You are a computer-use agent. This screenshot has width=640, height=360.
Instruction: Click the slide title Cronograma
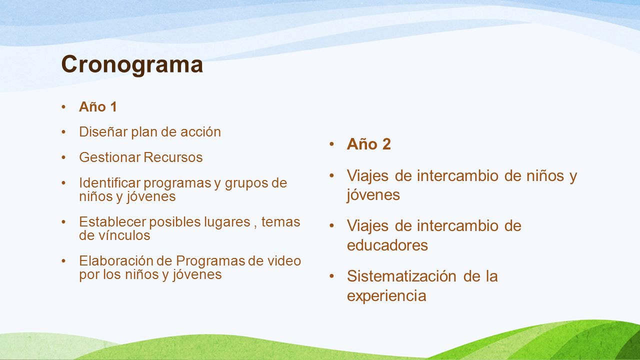coord(132,65)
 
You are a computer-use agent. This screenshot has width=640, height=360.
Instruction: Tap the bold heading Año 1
coord(97,107)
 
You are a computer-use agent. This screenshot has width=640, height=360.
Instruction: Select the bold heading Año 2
coord(368,143)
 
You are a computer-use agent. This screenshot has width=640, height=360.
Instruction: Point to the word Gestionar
coord(109,157)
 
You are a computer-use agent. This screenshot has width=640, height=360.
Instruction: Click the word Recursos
coord(173,157)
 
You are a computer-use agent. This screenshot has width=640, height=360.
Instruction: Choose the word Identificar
coord(109,183)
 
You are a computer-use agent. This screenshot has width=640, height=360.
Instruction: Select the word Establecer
coord(112,221)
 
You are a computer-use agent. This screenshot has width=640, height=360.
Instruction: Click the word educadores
coord(387,245)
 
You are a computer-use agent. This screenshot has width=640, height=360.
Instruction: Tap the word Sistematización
coord(401,276)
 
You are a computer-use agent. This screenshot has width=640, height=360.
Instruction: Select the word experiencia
coord(386,296)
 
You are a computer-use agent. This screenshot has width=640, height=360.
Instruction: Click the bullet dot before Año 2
coord(331,143)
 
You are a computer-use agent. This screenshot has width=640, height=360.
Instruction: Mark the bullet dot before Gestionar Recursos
coord(63,157)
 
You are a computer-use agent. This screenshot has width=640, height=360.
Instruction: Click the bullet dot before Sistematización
coord(331,276)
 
